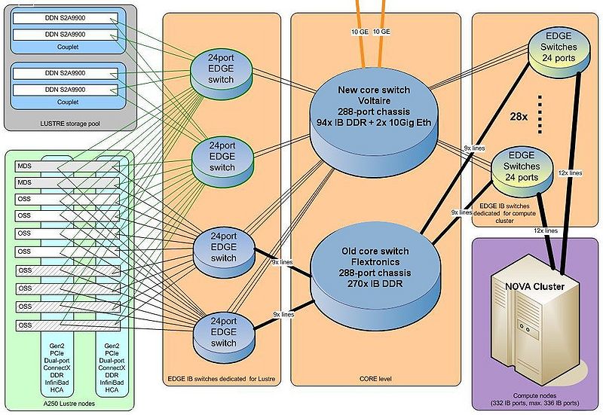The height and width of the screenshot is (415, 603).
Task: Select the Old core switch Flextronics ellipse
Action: (374, 263)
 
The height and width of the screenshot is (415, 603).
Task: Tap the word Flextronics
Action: (374, 262)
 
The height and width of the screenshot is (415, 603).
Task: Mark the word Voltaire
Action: (374, 101)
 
